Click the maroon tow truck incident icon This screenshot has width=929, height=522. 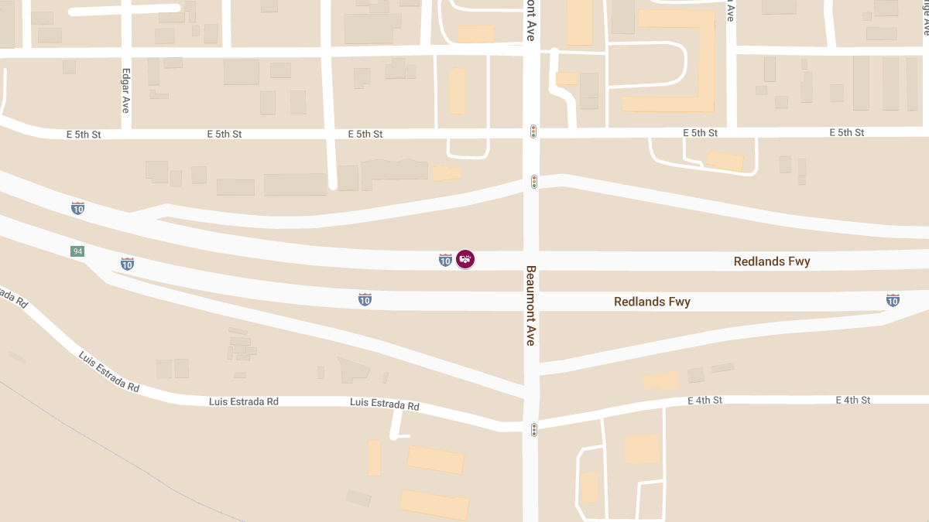[x=465, y=260]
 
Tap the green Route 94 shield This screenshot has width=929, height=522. [x=77, y=251]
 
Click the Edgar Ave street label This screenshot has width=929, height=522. [x=125, y=91]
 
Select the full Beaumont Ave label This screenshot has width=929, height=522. [x=531, y=305]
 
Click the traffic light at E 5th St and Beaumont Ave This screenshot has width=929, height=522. [x=533, y=131]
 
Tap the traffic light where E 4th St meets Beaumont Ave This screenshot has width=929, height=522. [x=533, y=430]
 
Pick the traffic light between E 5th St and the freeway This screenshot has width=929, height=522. [x=534, y=182]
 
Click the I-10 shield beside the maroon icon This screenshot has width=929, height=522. [x=445, y=260]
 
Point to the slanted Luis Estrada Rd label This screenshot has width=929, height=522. [x=108, y=371]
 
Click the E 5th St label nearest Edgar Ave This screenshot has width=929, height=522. [x=84, y=135]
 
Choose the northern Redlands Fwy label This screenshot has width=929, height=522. [x=772, y=261]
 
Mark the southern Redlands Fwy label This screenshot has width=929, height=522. [x=652, y=302]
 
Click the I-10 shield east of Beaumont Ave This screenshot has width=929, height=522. [x=893, y=300]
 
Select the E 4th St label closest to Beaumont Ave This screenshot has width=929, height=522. [x=704, y=400]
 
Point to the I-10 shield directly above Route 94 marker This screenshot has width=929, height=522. [x=77, y=208]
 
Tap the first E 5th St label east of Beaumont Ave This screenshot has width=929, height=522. [x=700, y=133]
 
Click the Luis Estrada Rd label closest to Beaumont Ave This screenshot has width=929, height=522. [x=385, y=404]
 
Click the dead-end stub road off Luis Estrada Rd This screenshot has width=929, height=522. [x=396, y=425]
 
